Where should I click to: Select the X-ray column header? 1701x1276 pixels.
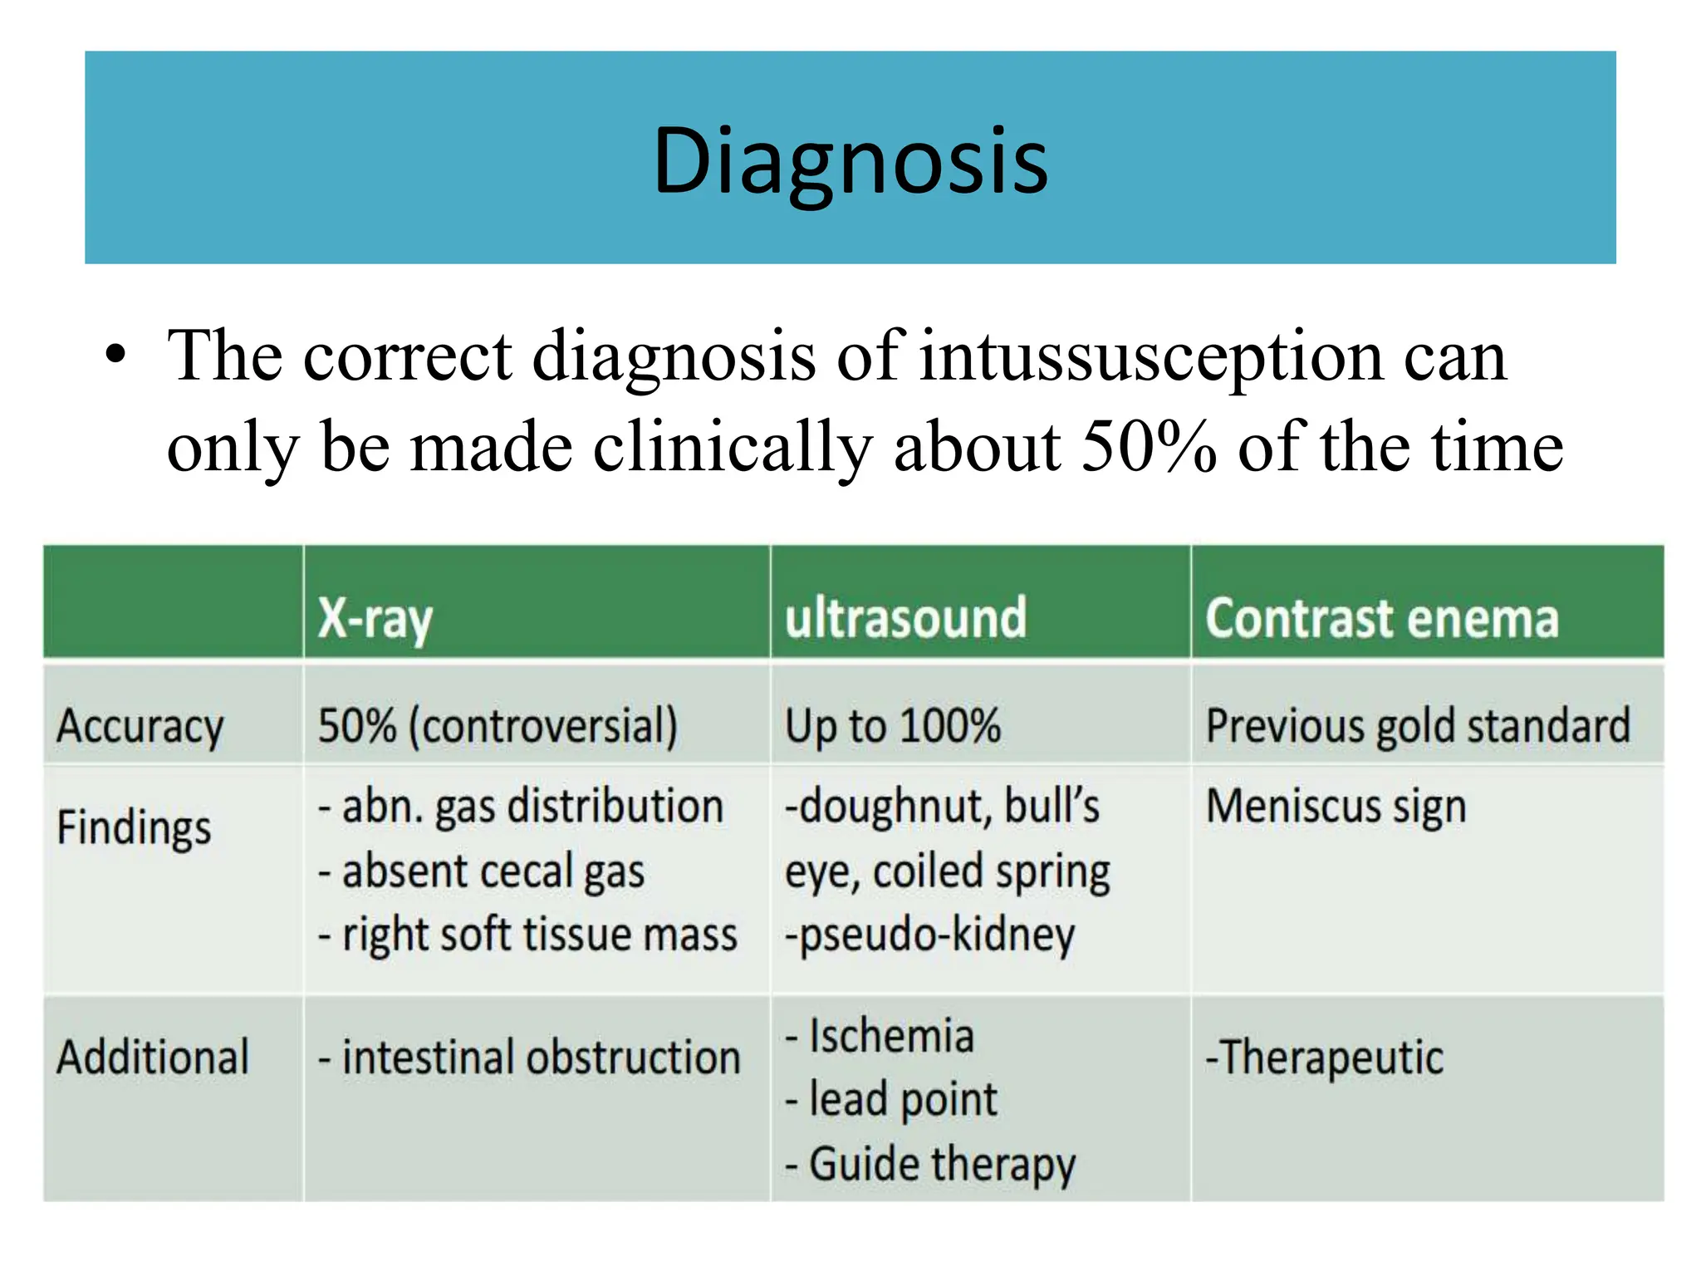[375, 619]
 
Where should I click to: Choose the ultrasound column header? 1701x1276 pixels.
[905, 618]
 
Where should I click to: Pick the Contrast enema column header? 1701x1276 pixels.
[1382, 619]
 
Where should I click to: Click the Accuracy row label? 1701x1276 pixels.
[140, 727]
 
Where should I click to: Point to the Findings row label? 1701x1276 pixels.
[134, 827]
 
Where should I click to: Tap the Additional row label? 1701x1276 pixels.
[153, 1058]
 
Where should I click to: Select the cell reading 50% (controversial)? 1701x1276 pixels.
[498, 726]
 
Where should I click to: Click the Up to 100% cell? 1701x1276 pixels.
[893, 726]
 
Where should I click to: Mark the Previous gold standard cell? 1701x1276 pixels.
[1418, 726]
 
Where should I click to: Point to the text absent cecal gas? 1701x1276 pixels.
[493, 871]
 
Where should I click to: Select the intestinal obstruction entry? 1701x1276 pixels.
[541, 1058]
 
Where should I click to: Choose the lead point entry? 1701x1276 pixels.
[902, 1100]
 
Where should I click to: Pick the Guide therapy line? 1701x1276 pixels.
[941, 1164]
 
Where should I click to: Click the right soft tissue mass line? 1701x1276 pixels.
[539, 935]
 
